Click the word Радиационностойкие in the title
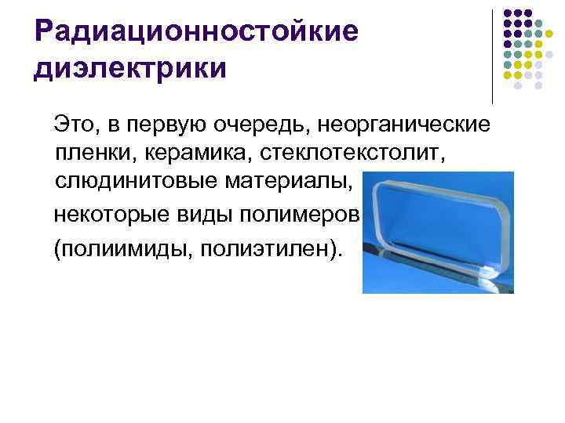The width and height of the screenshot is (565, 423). click(x=196, y=32)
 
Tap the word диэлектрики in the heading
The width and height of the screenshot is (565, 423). click(x=130, y=68)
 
